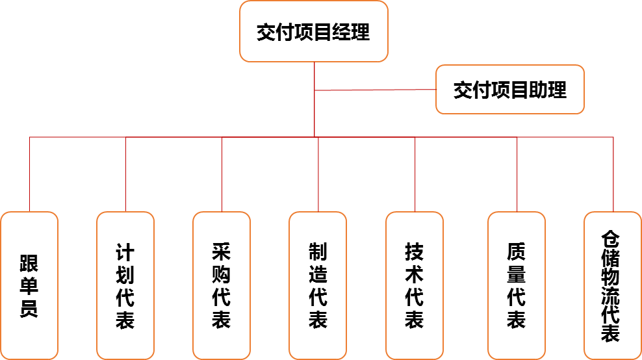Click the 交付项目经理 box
[314, 31]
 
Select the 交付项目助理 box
[510, 90]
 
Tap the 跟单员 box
[29, 285]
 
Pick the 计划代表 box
[125, 285]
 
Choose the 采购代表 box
[222, 285]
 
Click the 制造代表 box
[318, 285]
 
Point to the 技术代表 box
[415, 285]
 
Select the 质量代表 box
[517, 285]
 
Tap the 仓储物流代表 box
[612, 285]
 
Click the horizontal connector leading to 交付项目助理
[375, 90]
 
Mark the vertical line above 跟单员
[30, 174]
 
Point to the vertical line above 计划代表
[125, 174]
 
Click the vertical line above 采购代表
[222, 174]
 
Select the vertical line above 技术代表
[415, 174]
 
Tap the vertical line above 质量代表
[517, 174]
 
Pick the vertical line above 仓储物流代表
[613, 174]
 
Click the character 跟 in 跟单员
[29, 263]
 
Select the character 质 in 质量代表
[517, 251]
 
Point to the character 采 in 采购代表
[222, 251]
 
